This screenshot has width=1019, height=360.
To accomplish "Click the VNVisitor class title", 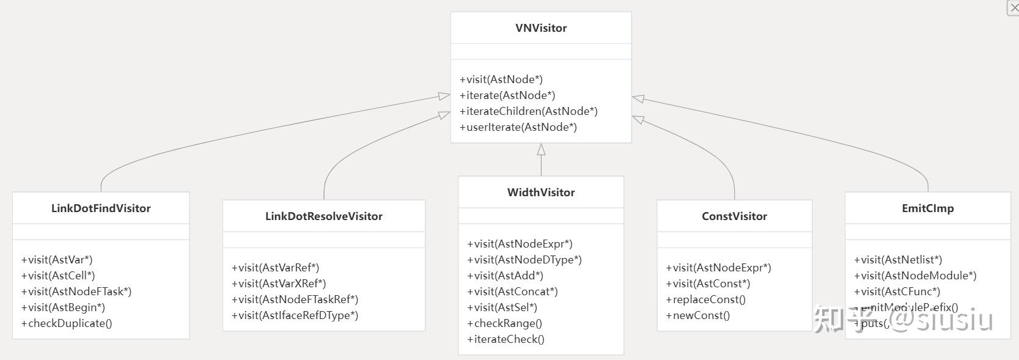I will point(541,28).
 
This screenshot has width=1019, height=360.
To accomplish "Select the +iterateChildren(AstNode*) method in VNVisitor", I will point(528,111).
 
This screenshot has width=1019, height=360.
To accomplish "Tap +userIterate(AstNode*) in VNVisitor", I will point(518,127).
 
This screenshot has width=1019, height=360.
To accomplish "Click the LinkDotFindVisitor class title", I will point(101,208).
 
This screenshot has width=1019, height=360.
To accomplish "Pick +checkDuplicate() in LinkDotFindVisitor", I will point(67,323).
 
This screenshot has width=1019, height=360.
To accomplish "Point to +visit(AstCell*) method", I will point(58,276).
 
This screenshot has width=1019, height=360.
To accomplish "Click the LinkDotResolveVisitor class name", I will point(323,216).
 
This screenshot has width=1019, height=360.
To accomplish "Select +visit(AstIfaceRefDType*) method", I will point(295,315).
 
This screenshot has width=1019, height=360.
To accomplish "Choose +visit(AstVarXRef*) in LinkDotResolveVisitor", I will point(279,284).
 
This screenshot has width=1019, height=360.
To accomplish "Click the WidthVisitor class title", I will point(541,193).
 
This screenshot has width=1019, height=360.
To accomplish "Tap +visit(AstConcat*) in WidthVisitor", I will point(512,292).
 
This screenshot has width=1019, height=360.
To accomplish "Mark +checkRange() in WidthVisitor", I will point(504,323).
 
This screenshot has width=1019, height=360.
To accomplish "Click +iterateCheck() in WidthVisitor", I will point(506,339).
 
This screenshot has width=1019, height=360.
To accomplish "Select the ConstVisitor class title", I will point(734,216).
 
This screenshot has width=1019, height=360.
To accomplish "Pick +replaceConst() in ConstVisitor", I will point(705,299).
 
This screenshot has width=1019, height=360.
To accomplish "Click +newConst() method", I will point(697,315).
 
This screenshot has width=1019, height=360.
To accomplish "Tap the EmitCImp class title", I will point(927,208).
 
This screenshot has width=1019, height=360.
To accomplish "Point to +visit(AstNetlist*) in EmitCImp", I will point(898,260).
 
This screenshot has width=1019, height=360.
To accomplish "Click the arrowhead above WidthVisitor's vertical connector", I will point(541,149).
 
